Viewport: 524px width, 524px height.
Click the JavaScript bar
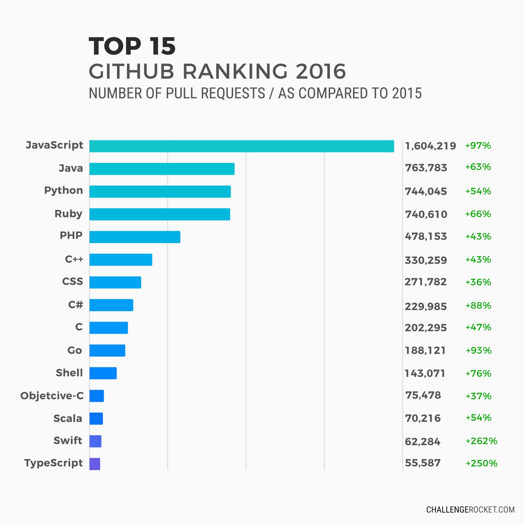(x=241, y=146)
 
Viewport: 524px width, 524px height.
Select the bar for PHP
(x=135, y=237)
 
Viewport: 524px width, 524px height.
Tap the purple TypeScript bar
(x=95, y=464)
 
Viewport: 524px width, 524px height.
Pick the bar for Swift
(x=95, y=441)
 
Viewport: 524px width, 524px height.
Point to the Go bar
(x=107, y=350)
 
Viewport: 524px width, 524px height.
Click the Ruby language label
(x=68, y=214)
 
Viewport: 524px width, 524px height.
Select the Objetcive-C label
(x=52, y=396)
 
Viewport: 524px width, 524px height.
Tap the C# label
(x=75, y=305)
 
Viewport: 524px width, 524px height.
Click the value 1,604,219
(x=430, y=146)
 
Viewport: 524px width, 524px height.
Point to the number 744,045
(x=426, y=191)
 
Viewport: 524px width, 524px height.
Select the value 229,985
(x=426, y=307)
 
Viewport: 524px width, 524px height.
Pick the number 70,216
(x=423, y=418)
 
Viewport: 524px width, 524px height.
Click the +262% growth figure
(x=481, y=441)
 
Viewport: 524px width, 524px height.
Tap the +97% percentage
(x=478, y=145)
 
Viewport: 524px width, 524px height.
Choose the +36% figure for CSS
(x=478, y=282)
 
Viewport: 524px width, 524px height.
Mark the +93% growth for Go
(x=478, y=350)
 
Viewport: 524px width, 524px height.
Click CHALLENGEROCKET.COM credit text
(x=470, y=510)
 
